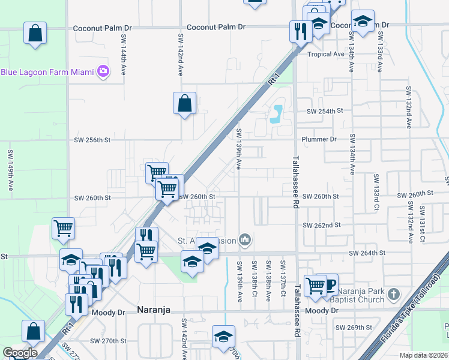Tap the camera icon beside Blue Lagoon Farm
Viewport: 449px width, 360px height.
click(x=103, y=71)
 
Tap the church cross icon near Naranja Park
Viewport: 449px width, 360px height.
click(x=393, y=294)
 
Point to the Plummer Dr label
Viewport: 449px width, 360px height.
click(x=319, y=139)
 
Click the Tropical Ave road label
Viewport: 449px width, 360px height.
click(x=325, y=54)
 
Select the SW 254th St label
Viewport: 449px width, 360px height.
click(x=324, y=112)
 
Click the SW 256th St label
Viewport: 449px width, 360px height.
click(x=92, y=140)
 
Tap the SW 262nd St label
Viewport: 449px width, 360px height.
click(x=323, y=225)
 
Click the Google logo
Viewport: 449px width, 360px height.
click(x=20, y=353)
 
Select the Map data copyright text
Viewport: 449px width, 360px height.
click(x=424, y=355)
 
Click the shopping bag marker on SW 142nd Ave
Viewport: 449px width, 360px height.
click(x=184, y=103)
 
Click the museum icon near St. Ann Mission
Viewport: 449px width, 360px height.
click(x=244, y=240)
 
